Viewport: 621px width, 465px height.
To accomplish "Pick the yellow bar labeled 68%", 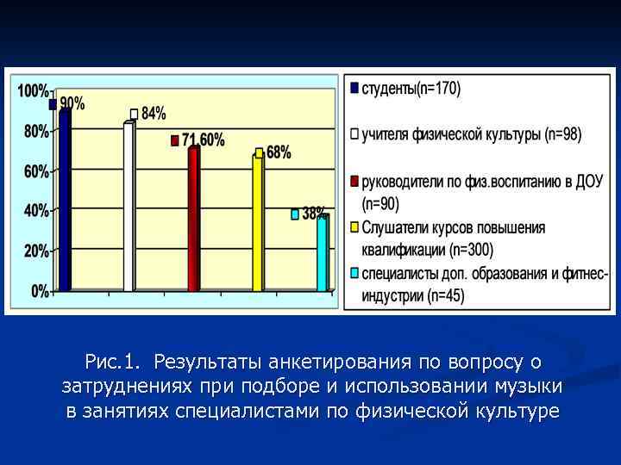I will click(257, 225).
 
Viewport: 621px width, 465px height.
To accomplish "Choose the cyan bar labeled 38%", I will click(322, 255).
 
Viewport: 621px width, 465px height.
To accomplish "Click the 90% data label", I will click(72, 103).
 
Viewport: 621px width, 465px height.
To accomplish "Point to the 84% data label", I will click(153, 113).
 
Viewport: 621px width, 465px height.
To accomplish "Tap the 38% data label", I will click(314, 213).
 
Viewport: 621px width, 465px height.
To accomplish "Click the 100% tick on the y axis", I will click(33, 90).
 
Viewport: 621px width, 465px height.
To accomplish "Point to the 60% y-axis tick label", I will click(35, 171).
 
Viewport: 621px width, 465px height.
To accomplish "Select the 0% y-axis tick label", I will click(40, 292).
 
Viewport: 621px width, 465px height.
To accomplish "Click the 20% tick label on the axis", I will click(35, 251).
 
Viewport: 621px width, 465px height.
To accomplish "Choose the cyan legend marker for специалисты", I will click(354, 275).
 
